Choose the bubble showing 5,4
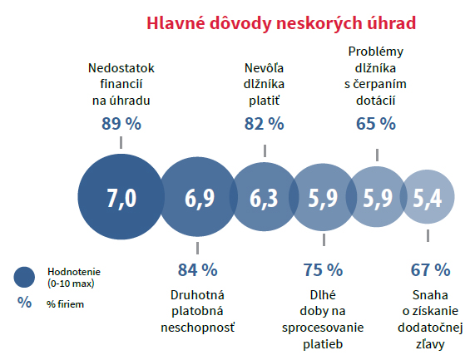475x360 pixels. click(428, 200)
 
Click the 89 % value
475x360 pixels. click(121, 124)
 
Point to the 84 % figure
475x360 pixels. click(197, 269)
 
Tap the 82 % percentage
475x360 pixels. click(264, 124)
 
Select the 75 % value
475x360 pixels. click(323, 269)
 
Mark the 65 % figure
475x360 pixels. click(375, 124)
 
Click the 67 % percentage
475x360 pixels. click(430, 269)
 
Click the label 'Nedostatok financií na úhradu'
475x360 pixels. click(121, 84)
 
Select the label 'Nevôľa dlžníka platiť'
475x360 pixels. click(264, 84)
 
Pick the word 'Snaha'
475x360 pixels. click(430, 294)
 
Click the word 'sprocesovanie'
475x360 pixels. click(322, 328)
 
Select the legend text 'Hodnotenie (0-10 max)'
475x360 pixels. click(72, 277)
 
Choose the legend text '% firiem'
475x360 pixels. click(66, 304)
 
